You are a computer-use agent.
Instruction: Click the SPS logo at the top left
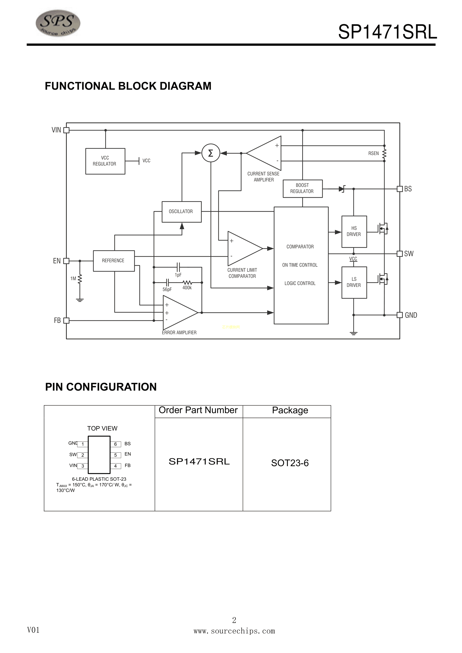(58, 23)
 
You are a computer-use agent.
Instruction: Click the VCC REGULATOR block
(105, 161)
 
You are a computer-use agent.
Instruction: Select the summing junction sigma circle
(211, 153)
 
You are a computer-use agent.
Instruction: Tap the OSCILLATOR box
(181, 212)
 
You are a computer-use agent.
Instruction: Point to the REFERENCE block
(114, 261)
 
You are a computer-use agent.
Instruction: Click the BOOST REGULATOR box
(302, 188)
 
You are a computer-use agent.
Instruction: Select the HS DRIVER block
(354, 231)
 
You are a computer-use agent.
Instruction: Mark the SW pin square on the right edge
(400, 253)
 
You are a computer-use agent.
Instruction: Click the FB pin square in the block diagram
(66, 320)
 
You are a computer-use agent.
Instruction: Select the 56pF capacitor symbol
(168, 282)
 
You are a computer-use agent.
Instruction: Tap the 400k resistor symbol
(187, 282)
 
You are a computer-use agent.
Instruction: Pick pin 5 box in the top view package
(116, 455)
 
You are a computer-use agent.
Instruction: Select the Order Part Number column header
(198, 410)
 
